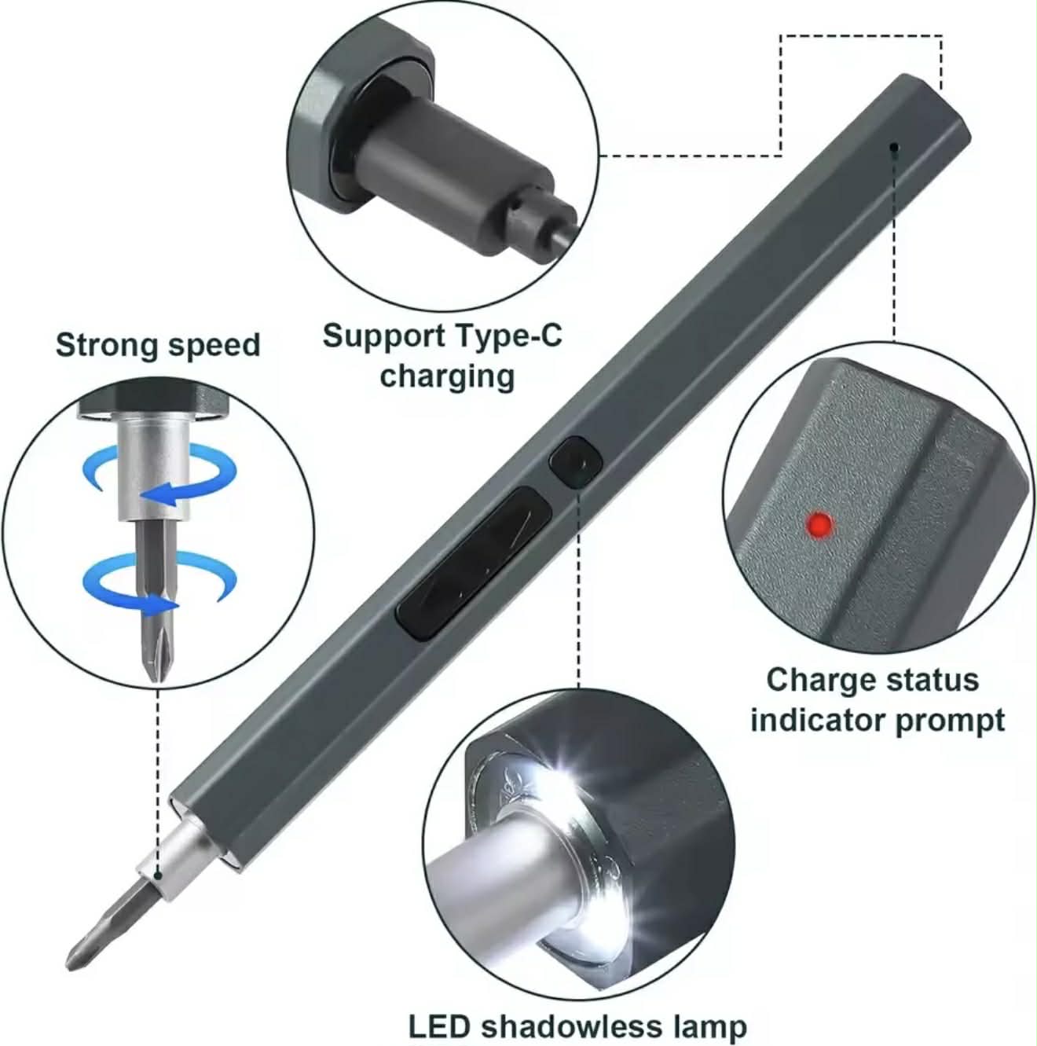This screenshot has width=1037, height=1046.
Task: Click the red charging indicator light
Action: [x=819, y=524]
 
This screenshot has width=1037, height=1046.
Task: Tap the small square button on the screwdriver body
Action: [x=575, y=463]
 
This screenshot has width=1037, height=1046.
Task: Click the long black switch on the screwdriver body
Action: [x=472, y=562]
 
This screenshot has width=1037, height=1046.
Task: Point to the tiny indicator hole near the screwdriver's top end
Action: [x=893, y=146]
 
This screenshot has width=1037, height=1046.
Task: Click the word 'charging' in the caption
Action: [x=447, y=376]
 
